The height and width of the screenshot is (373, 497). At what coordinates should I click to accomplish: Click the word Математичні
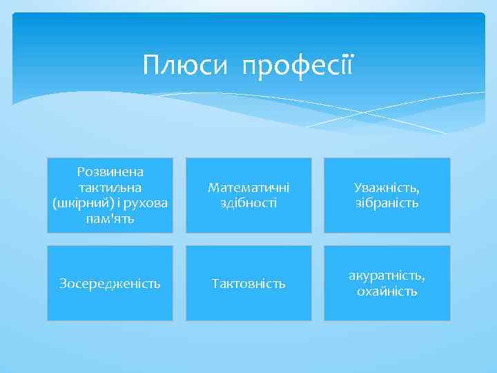[248, 187]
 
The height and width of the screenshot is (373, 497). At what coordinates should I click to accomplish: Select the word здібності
[248, 203]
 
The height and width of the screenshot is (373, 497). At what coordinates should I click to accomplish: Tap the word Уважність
[387, 187]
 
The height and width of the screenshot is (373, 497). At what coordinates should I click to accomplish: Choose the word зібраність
[387, 203]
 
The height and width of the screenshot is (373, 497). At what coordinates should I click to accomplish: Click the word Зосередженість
[110, 283]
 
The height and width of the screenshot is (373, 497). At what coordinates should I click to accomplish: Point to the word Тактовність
[248, 283]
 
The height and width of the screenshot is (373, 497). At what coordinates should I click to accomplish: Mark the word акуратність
[387, 276]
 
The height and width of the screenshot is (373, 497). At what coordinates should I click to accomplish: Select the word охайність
[387, 291]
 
